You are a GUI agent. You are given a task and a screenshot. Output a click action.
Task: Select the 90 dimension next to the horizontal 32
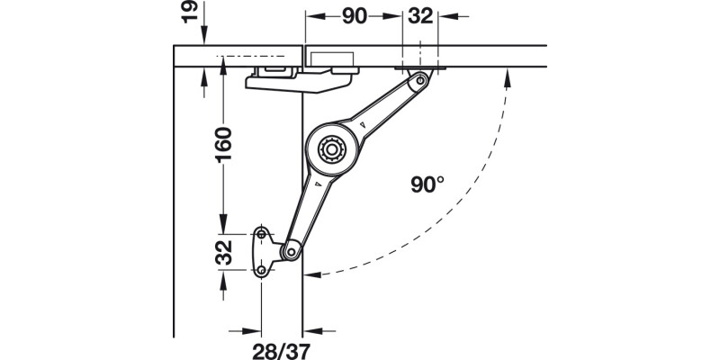coord(353,16)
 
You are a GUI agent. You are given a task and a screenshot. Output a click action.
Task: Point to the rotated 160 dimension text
coord(223,145)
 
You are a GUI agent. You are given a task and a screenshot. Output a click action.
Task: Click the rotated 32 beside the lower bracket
coord(223,252)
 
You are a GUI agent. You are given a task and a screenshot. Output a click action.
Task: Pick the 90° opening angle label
coord(427,185)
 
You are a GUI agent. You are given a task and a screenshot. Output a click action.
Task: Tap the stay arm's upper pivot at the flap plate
coord(419,82)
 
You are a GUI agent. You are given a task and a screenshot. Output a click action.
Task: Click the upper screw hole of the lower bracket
coord(262,235)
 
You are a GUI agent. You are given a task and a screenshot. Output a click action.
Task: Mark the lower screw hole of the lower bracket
coord(261,270)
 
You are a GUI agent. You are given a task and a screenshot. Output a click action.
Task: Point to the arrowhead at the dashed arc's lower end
coord(311,273)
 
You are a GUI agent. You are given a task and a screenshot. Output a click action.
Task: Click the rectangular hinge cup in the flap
coord(334,57)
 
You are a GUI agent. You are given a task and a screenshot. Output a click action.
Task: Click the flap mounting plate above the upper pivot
coord(420,68)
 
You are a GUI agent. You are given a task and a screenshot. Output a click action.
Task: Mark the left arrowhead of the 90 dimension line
coord(311,16)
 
